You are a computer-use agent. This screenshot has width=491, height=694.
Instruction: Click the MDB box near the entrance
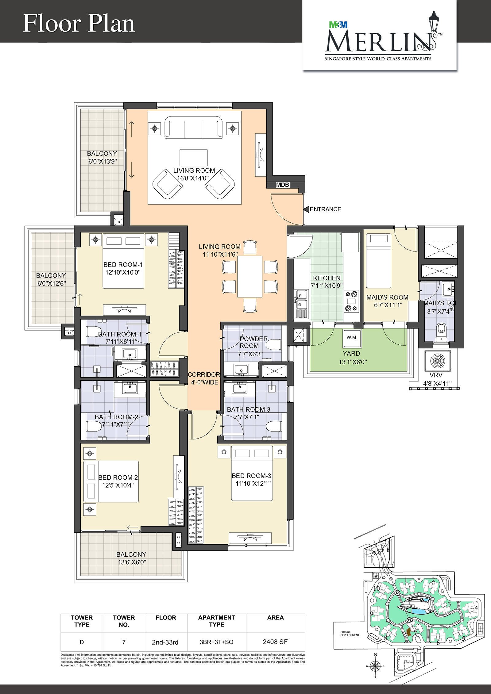click(x=282, y=185)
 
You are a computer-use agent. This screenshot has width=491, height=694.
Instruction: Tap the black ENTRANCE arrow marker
click(x=306, y=209)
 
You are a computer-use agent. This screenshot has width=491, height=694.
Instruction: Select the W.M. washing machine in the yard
click(x=352, y=338)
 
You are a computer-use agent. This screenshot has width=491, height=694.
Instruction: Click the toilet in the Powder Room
click(x=273, y=345)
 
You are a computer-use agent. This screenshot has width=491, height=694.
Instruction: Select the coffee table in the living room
click(x=193, y=158)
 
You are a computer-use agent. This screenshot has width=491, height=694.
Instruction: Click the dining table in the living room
click(x=250, y=276)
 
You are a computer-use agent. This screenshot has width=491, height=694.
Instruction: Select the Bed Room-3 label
click(x=251, y=480)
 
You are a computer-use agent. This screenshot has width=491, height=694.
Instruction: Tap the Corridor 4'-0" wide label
click(x=204, y=378)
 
